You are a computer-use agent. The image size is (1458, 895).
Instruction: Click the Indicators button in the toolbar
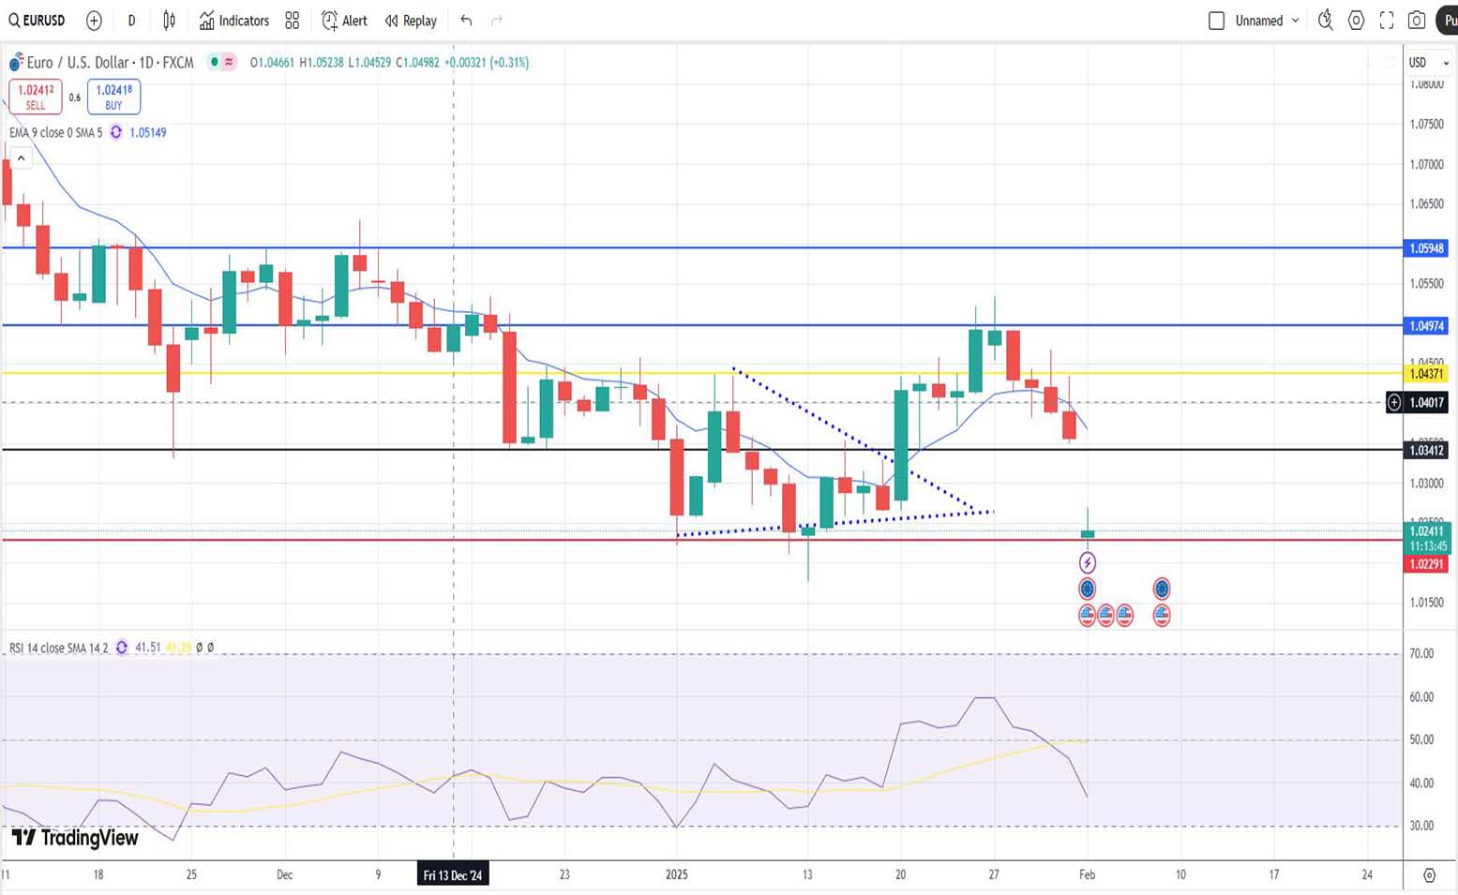(x=233, y=21)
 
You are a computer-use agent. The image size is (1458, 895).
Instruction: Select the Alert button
(x=344, y=21)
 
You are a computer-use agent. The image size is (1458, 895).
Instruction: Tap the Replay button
(x=411, y=21)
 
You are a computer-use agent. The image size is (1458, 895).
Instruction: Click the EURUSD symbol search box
(x=37, y=21)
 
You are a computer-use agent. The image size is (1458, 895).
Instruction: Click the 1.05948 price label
(x=1426, y=248)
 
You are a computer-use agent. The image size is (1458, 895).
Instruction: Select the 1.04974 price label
(x=1426, y=326)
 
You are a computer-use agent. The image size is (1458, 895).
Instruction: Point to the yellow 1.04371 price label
(x=1426, y=374)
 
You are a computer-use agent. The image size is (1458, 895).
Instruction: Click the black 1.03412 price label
(x=1426, y=451)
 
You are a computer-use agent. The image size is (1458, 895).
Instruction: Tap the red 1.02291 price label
(x=1426, y=564)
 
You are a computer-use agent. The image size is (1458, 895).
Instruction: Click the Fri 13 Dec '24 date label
(x=453, y=875)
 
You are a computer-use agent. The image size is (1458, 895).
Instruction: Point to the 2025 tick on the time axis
(x=676, y=874)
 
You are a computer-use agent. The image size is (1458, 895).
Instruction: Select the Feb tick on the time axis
(x=1087, y=874)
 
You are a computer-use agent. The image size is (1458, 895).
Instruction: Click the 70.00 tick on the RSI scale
(x=1421, y=653)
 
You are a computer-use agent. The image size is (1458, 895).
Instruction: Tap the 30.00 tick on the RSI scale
(x=1421, y=826)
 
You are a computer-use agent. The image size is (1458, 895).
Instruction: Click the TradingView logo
(x=75, y=838)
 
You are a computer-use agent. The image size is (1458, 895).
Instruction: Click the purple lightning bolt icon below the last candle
(x=1088, y=562)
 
